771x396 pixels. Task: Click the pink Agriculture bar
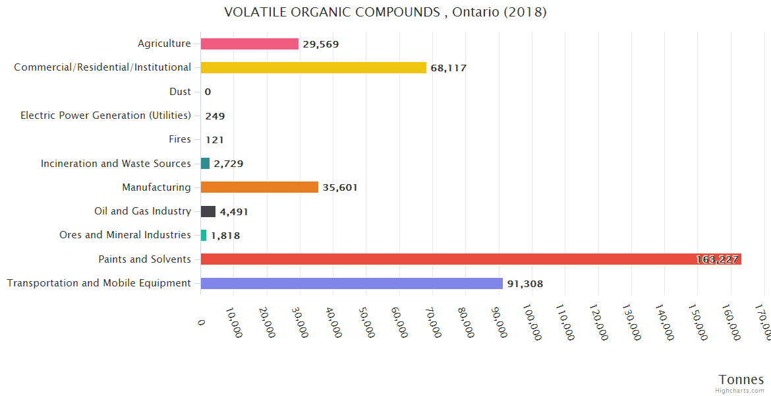pos(249,44)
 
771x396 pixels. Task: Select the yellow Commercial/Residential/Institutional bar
pos(313,67)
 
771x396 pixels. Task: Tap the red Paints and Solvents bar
pos(471,259)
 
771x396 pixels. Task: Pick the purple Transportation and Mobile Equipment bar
pos(351,283)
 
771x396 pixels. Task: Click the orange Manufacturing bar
pos(259,187)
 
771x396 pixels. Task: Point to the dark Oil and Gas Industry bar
pos(208,211)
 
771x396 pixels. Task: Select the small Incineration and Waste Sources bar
pos(205,163)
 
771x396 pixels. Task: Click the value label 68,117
pos(448,68)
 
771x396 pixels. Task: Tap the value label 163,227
pos(717,259)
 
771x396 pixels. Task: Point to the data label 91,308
pos(525,284)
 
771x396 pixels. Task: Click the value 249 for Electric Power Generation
pos(215,116)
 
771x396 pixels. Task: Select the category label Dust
pos(180,92)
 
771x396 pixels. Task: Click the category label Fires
pos(180,139)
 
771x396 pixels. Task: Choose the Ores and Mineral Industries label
pos(125,235)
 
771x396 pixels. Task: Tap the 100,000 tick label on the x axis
pos(532,323)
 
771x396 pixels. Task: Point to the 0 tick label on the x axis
pos(201,321)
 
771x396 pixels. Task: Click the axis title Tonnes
pos(741,379)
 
